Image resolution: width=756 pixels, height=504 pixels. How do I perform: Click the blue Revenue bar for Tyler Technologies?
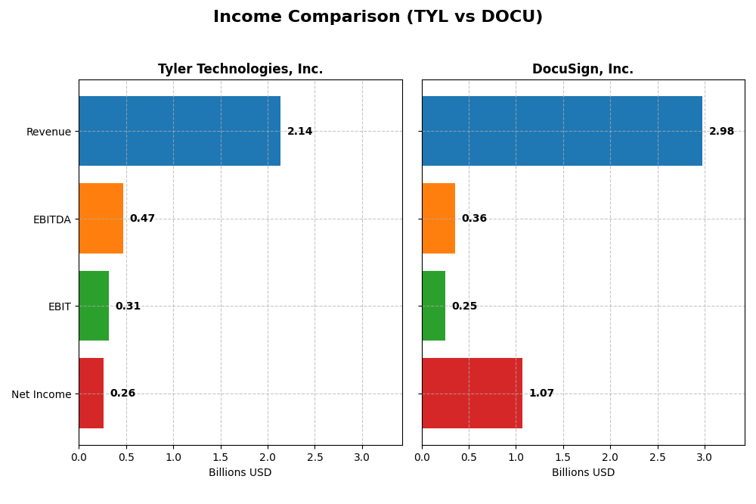click(x=179, y=131)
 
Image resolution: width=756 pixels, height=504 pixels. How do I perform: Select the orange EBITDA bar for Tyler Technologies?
click(x=101, y=219)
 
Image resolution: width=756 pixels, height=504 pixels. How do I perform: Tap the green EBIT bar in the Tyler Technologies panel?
click(x=94, y=306)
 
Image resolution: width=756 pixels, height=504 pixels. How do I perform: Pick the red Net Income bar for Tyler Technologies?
click(x=91, y=394)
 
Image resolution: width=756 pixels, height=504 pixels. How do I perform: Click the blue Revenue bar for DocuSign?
click(x=562, y=131)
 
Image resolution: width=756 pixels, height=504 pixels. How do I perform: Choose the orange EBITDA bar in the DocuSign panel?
click(x=438, y=219)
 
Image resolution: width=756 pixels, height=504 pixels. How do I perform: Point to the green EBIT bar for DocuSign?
click(x=433, y=306)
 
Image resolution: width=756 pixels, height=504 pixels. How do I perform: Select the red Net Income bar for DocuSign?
click(x=472, y=394)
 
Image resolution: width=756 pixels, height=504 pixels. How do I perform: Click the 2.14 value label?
click(x=299, y=132)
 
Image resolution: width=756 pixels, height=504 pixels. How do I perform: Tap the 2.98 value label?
click(x=721, y=132)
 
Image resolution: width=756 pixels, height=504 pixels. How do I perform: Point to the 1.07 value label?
click(x=541, y=394)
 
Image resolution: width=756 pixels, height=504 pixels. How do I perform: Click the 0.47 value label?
click(x=142, y=219)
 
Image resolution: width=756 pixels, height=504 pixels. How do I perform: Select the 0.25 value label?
click(x=464, y=306)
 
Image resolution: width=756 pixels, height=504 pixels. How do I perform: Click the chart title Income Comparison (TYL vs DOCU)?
click(x=378, y=17)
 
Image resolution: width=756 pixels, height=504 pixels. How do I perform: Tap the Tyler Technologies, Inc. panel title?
click(x=240, y=70)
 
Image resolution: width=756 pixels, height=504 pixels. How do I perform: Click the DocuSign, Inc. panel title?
click(x=583, y=70)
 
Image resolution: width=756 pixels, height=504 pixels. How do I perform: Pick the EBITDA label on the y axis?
click(x=51, y=219)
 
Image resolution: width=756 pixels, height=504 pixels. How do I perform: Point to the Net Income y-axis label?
click(x=41, y=394)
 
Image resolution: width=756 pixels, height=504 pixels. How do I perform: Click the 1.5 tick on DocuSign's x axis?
click(x=563, y=457)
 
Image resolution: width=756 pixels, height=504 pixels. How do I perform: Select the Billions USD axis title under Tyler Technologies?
click(x=240, y=472)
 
